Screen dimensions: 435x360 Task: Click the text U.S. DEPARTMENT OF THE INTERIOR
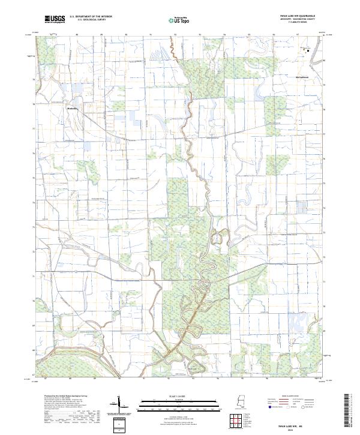click(91, 17)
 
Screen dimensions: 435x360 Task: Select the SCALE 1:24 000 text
click(180, 395)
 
